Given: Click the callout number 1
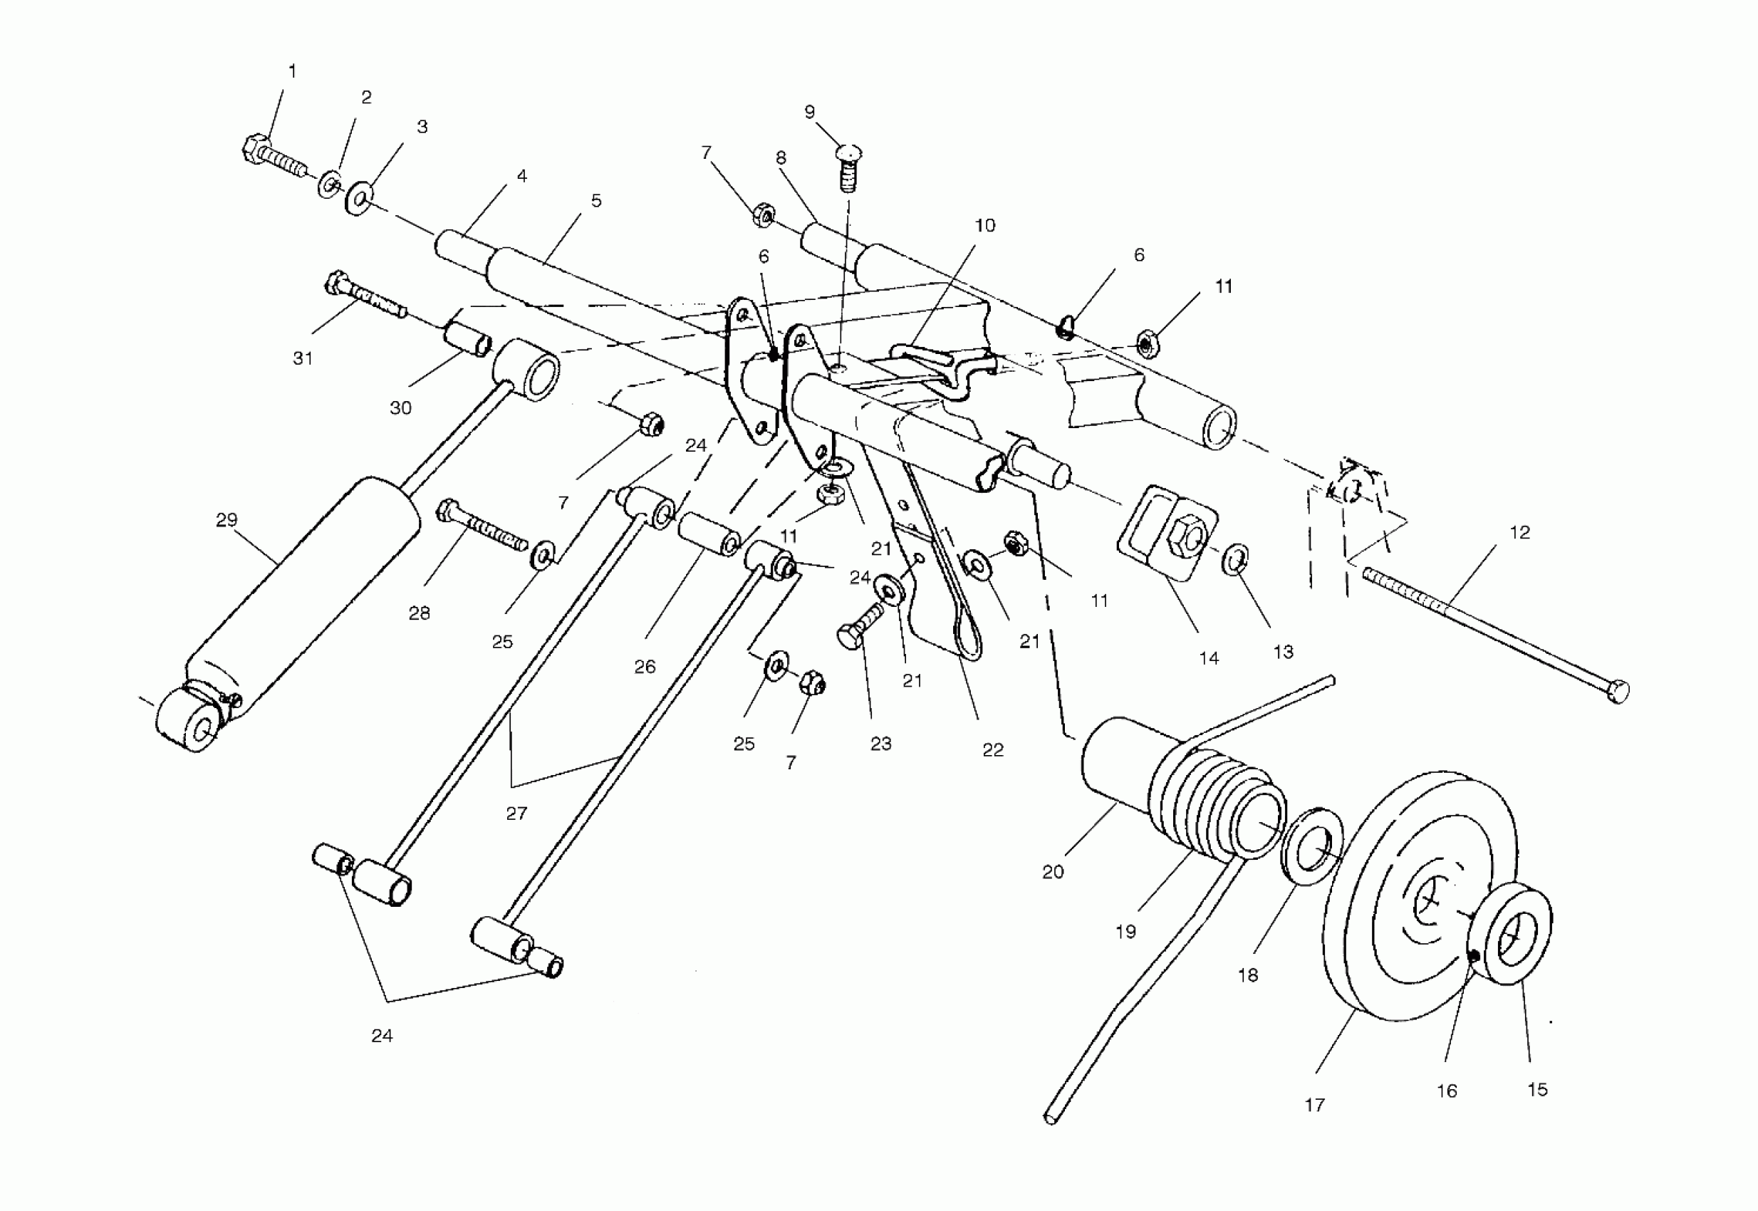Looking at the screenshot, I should (292, 71).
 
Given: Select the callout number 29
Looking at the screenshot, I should (226, 520).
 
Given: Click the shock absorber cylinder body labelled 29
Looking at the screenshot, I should (303, 592).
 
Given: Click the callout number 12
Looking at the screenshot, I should (1520, 533).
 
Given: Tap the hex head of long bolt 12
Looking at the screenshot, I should (1617, 692).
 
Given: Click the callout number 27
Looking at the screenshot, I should (516, 814).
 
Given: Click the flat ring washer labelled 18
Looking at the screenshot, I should (1312, 847).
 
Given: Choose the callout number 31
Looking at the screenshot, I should (303, 358).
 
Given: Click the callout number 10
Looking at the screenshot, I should (984, 225).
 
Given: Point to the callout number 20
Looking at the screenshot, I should (1052, 873).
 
